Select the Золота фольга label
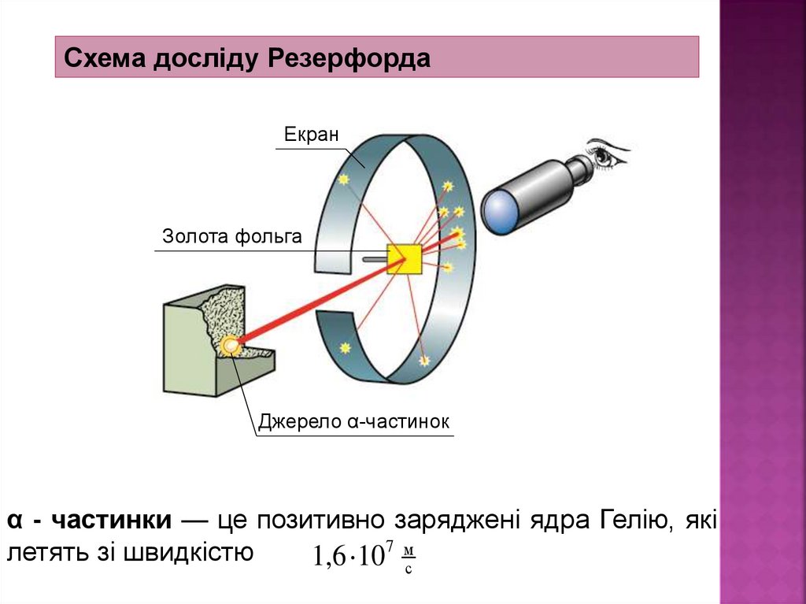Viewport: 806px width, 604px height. [231, 235]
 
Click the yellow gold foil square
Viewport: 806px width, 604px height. [405, 259]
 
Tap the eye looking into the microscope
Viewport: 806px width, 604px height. [606, 154]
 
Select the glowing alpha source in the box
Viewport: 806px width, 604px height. [230, 345]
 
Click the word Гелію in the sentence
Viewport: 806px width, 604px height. [633, 521]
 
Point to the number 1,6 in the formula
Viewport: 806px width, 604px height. [330, 558]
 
